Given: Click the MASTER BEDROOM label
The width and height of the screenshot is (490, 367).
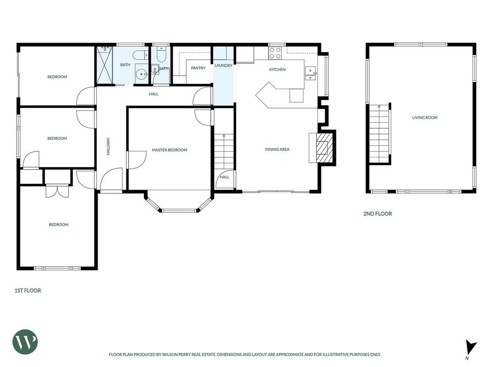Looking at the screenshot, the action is tap(169, 150).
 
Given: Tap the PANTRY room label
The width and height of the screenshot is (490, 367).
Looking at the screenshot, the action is tap(198, 68).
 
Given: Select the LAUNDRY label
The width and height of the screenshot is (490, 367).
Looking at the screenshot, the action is tap(223, 65).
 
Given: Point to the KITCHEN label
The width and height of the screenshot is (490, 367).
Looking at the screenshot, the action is tap(277, 69).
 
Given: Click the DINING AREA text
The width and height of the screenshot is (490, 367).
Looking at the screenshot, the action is tap(277, 149).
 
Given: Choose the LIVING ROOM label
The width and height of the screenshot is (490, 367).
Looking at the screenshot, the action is tap(425, 117).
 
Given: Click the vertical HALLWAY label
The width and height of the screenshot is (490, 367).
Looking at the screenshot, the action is tap(108, 146).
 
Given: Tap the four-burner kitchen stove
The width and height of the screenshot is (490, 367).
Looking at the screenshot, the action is tap(275, 53).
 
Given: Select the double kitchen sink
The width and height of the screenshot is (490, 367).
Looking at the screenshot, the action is tap(310, 73).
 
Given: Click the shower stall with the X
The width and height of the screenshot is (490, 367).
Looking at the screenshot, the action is tap(104, 65).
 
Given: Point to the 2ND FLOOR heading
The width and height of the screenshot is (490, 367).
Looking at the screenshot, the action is tap(377, 214).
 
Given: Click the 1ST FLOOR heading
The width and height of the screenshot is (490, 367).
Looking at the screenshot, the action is tap(28, 290).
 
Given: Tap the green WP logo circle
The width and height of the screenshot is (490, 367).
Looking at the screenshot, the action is tap(25, 342).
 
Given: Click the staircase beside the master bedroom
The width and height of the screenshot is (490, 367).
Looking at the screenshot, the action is tap(224, 152).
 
